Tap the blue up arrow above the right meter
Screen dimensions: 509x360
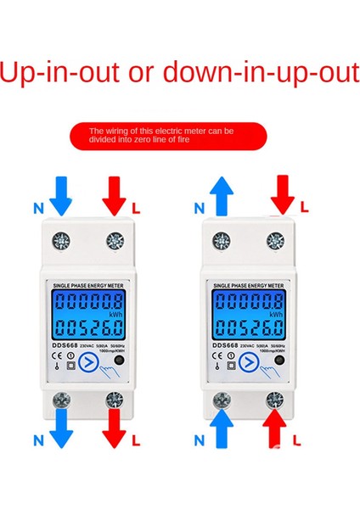click(222, 196)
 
